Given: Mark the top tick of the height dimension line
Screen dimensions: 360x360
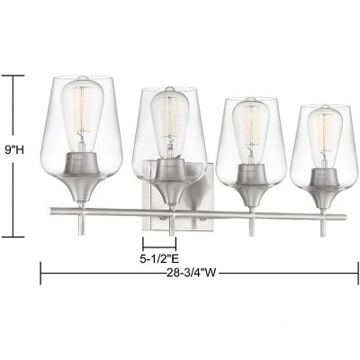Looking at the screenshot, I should [13, 76].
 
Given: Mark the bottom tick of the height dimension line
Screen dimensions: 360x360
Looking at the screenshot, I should [13, 236].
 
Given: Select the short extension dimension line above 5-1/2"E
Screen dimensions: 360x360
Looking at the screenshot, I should [159, 243].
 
